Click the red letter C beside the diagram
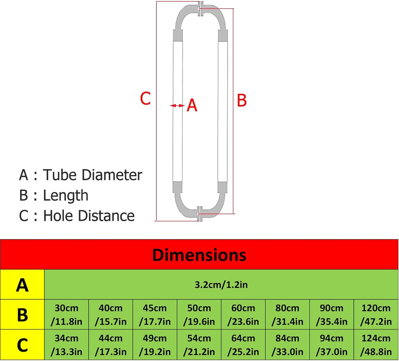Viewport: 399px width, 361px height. click(x=146, y=99)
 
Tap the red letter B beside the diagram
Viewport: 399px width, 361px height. click(x=242, y=101)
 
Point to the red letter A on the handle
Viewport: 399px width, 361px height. click(x=192, y=106)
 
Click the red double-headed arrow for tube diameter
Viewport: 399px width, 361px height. click(x=177, y=106)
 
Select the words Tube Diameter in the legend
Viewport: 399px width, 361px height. click(x=93, y=175)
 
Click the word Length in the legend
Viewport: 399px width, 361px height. click(x=65, y=196)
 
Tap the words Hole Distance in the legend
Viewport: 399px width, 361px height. click(x=89, y=216)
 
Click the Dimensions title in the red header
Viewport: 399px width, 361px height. click(x=199, y=255)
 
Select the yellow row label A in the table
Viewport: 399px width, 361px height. click(x=22, y=285)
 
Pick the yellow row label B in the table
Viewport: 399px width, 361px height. click(x=22, y=315)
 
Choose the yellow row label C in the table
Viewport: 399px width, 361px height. click(x=22, y=345)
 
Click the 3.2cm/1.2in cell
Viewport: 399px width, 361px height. click(x=221, y=285)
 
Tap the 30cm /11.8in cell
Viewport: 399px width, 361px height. click(x=66, y=315)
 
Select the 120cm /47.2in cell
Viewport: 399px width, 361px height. click(x=376, y=315)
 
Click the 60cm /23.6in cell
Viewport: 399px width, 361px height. click(x=243, y=315)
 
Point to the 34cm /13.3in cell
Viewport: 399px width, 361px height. click(x=66, y=345)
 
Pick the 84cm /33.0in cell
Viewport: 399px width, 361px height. click(x=287, y=345)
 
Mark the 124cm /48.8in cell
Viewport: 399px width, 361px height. click(x=376, y=345)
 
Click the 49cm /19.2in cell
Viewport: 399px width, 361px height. click(x=155, y=345)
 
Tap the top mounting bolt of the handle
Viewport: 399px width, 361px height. click(x=200, y=9)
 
